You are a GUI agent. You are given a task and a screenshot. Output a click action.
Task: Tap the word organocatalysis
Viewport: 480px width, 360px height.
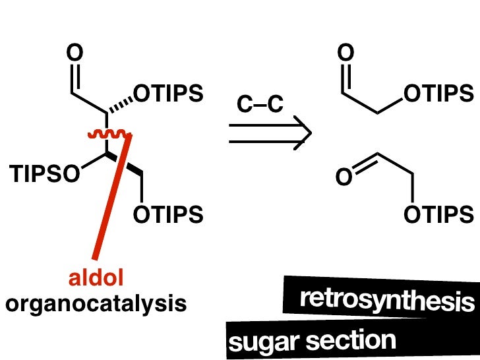tap(96, 304)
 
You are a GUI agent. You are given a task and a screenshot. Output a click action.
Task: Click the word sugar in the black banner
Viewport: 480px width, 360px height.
tap(258, 342)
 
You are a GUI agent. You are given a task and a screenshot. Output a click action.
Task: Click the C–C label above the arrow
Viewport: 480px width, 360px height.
tap(260, 104)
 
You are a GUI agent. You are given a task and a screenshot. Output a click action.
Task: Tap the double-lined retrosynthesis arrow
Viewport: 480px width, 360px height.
tap(269, 133)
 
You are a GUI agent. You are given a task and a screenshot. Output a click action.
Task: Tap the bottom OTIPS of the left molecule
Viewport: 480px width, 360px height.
tap(168, 214)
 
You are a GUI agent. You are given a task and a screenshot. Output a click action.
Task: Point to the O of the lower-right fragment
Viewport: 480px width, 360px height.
tap(344, 177)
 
